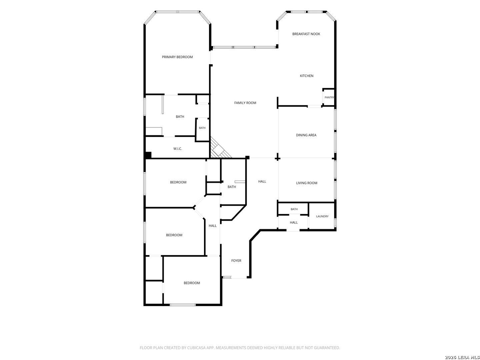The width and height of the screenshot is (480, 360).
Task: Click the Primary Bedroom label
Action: (177, 57)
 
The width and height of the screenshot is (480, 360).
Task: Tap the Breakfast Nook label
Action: (306, 34)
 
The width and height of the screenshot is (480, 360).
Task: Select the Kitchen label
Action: (307, 76)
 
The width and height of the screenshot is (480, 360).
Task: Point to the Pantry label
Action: (329, 97)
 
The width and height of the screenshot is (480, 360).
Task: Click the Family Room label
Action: (245, 103)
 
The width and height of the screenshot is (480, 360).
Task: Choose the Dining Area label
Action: (306, 135)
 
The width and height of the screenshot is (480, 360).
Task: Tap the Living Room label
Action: (307, 183)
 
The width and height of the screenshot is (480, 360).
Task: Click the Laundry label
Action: (322, 216)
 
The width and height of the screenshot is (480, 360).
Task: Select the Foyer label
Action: (236, 261)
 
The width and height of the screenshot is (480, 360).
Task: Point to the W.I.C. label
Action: (178, 149)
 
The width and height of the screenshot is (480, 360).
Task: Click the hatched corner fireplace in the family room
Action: (219, 149)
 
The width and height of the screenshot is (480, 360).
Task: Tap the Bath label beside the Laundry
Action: (294, 209)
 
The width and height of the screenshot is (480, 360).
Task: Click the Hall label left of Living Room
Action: (262, 181)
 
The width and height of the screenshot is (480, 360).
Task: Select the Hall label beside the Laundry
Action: (294, 223)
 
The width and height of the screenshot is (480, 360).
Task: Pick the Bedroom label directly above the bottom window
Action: (192, 283)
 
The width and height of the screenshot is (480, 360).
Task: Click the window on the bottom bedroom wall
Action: (183, 305)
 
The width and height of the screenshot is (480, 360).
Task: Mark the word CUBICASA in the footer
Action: (196, 348)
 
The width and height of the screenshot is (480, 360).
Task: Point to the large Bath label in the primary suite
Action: (180, 117)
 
